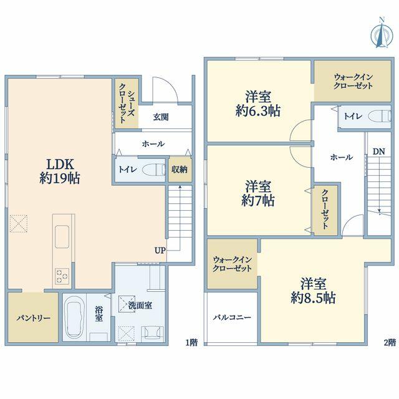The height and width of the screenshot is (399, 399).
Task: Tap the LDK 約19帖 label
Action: point(60,171)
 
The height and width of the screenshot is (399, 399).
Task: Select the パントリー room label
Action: point(33,318)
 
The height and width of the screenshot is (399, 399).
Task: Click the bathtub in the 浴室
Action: point(75,317)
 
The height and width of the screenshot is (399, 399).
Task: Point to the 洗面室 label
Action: point(140,305)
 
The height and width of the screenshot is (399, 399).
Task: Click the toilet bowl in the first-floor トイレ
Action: point(153,170)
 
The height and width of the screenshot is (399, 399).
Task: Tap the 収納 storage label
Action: point(180,170)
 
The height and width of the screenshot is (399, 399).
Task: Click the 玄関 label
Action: point(161,117)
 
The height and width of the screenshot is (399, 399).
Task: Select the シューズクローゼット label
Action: point(127,103)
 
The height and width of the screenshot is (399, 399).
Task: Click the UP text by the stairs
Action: point(160,251)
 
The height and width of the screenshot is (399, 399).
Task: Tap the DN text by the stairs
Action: point(378,151)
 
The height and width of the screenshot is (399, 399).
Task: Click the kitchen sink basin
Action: point(62,236)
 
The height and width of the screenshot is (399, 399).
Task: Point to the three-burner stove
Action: point(62,276)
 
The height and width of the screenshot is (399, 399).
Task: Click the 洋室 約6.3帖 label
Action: point(258,104)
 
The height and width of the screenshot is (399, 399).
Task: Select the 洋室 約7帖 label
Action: point(258,193)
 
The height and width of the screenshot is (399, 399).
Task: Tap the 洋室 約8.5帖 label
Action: point(313,291)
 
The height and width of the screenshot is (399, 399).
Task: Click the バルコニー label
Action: point(232,317)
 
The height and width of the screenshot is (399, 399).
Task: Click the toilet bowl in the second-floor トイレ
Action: point(380,117)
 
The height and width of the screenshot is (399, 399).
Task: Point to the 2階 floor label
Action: point(390,342)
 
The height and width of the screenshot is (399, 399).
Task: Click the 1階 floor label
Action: point(191,342)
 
